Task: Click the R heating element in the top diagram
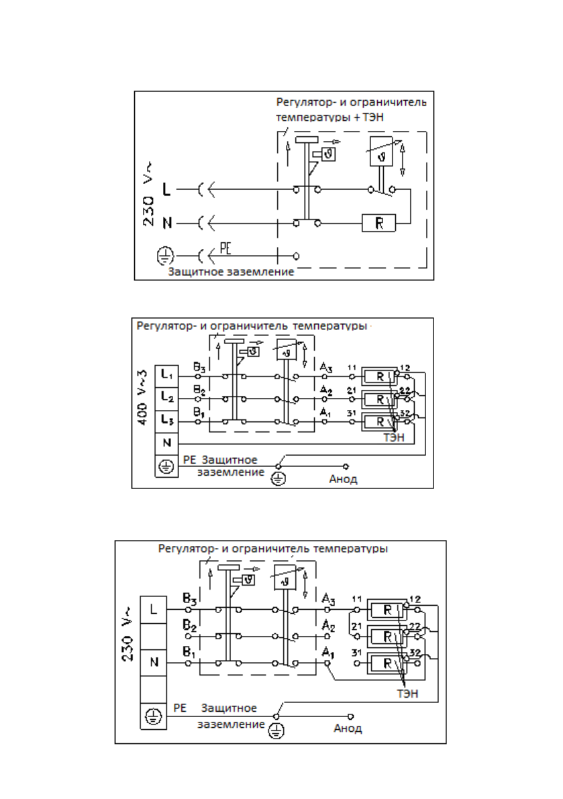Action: [380, 222]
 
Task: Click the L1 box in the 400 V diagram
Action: [166, 374]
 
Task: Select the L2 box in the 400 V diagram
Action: [166, 397]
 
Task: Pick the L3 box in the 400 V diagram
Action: [166, 421]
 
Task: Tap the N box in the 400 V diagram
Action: [166, 443]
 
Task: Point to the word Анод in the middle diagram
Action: [343, 479]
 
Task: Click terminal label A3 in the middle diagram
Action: [326, 368]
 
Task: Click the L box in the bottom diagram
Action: [152, 610]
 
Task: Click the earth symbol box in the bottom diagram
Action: [152, 716]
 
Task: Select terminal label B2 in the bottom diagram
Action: [189, 625]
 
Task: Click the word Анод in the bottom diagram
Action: [348, 728]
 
